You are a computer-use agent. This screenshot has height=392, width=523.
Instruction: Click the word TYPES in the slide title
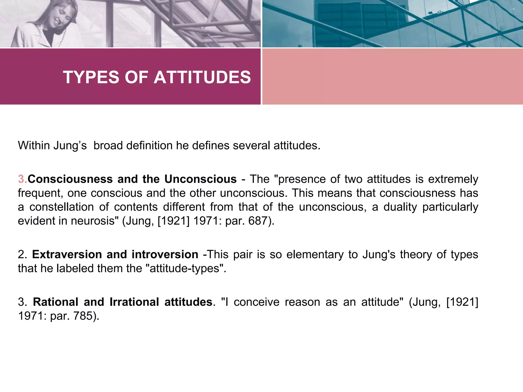[91, 77]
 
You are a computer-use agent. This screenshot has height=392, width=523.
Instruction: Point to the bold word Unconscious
[200, 179]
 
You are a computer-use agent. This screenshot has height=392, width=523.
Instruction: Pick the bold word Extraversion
[67, 254]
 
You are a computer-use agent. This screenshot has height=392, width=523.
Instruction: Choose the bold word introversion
[165, 254]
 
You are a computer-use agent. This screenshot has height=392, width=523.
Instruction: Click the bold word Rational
[55, 302]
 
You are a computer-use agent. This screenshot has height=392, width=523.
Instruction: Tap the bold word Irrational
[134, 302]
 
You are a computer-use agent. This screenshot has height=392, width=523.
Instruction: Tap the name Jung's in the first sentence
[70, 145]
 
